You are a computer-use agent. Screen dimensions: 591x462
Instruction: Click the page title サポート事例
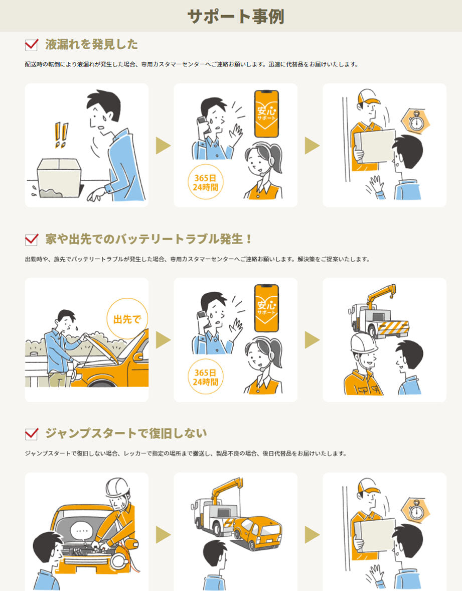235,16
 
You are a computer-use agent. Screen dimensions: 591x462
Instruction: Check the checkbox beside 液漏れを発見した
32,45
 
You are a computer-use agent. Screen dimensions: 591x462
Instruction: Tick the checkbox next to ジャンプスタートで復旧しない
32,433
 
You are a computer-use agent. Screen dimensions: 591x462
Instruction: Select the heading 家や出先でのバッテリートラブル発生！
148,239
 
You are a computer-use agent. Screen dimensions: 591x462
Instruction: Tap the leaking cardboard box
60,177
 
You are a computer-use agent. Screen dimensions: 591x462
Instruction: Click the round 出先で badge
127,319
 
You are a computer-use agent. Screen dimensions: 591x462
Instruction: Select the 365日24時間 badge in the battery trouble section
205,377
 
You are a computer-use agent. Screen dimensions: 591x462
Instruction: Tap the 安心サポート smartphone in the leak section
266,114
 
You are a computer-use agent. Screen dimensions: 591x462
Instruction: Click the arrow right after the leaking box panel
163,146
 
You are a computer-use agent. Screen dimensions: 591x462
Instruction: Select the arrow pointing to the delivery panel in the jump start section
312,535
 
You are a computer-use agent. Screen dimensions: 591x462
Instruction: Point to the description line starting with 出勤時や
197,260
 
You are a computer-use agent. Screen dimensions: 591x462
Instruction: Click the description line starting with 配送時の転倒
191,65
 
